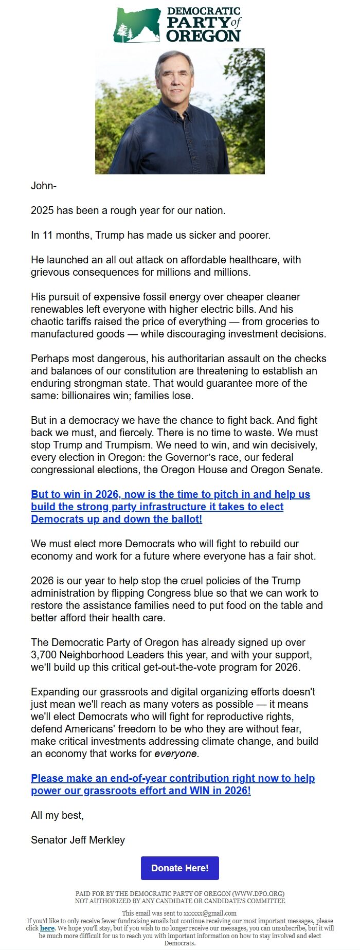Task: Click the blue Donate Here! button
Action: [179, 868]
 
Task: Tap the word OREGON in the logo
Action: [204, 35]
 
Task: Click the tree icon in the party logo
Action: [125, 33]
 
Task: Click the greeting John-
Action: [44, 186]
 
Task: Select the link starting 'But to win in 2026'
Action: [170, 507]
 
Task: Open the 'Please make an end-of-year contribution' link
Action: [173, 784]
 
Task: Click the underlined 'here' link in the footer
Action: [47, 928]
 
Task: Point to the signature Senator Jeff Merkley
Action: [78, 840]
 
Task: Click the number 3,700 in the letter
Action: [44, 655]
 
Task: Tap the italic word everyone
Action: [176, 754]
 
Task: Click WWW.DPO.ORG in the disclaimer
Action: [257, 893]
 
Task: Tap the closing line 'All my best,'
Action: [57, 815]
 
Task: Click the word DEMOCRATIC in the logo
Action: [204, 11]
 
